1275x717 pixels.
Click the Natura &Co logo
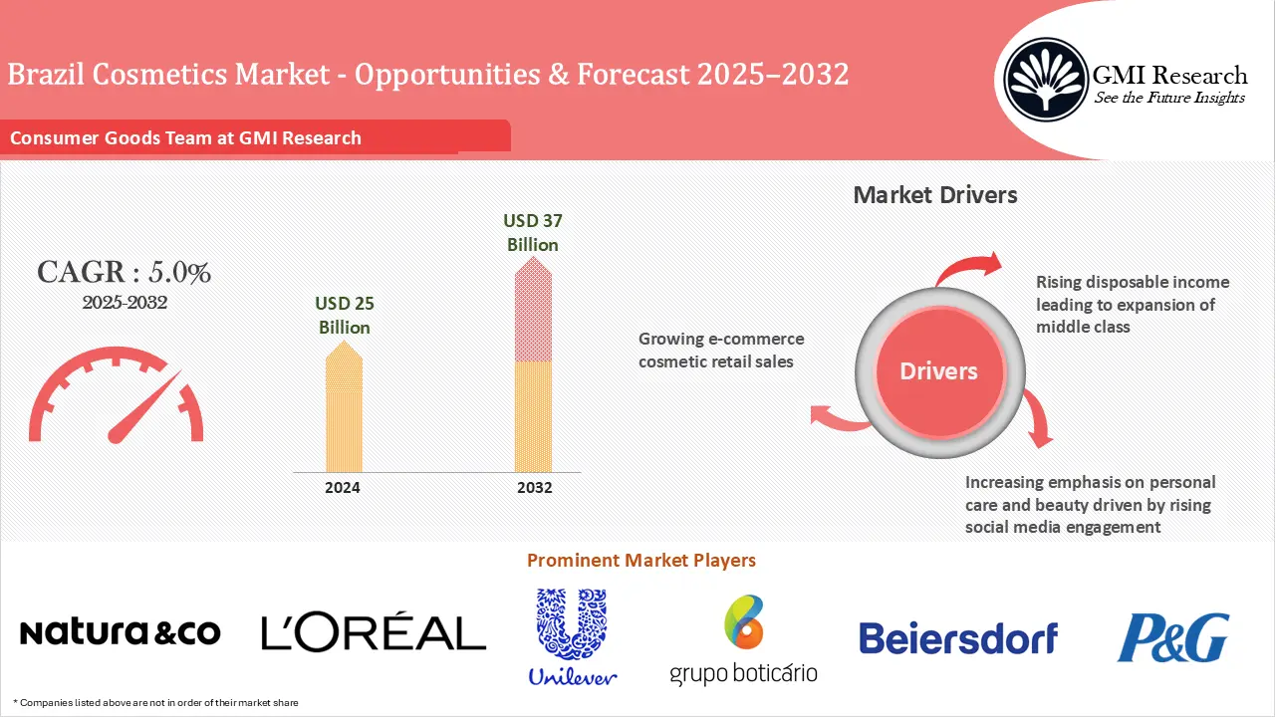(x=120, y=632)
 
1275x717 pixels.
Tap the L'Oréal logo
(x=374, y=632)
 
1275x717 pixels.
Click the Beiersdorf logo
(x=958, y=638)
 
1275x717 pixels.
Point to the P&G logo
(x=1172, y=637)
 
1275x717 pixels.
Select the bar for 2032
(x=533, y=368)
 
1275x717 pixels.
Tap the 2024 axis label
(x=343, y=488)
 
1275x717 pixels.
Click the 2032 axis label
(x=534, y=488)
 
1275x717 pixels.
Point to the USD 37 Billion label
(x=533, y=232)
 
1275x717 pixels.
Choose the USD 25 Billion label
(x=345, y=315)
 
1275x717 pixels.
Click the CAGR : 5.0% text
(x=124, y=272)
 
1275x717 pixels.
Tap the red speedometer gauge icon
(x=117, y=403)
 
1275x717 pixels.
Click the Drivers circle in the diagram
(x=938, y=371)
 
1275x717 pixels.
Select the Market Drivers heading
(x=935, y=194)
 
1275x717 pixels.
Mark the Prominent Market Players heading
(x=641, y=561)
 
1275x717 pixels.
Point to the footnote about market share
(x=156, y=703)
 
